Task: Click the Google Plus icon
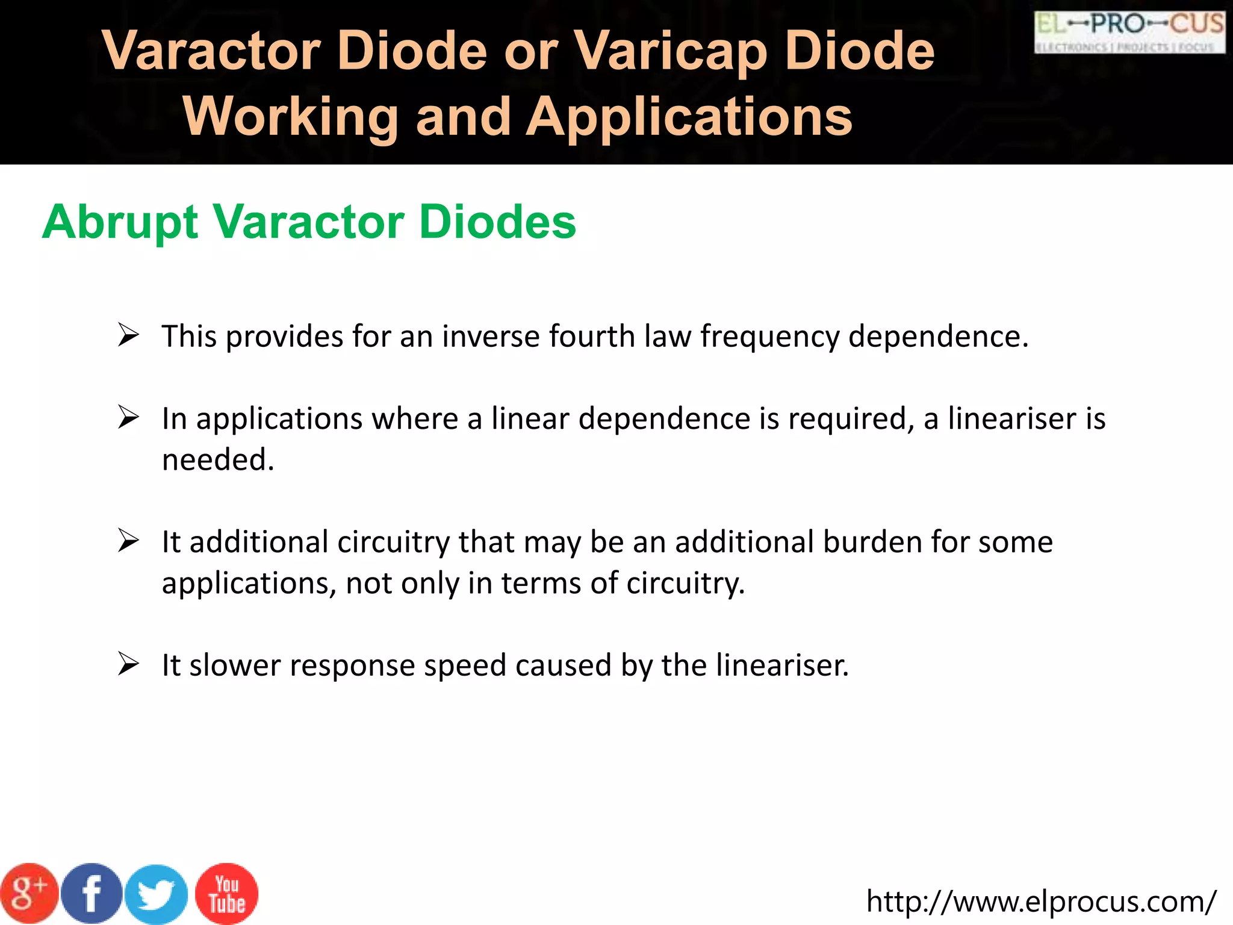coord(29,892)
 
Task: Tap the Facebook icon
coord(92,894)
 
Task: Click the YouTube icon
coord(227,894)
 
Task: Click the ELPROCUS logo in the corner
coord(1129,32)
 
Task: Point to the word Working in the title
coord(291,117)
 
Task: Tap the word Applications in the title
coord(689,117)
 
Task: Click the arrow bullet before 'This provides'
coord(128,335)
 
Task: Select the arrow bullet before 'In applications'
coord(128,417)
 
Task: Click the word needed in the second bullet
coord(218,460)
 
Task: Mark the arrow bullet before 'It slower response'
coord(128,664)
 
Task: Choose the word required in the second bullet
coord(851,419)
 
